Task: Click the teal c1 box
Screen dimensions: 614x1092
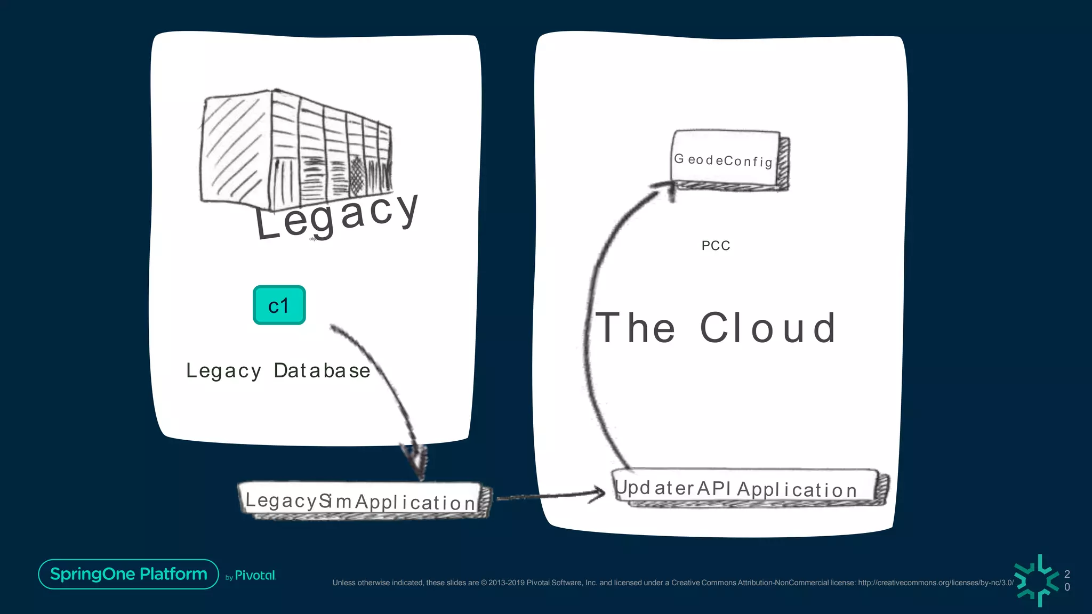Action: click(x=279, y=305)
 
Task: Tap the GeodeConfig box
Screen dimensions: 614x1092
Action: click(x=726, y=159)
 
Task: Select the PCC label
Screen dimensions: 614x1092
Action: click(x=716, y=246)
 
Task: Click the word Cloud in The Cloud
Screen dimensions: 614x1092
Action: click(x=768, y=328)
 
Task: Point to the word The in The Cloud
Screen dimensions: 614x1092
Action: click(x=635, y=328)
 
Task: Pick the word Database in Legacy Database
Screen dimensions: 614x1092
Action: click(x=322, y=370)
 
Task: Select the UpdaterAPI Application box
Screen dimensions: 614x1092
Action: click(x=746, y=487)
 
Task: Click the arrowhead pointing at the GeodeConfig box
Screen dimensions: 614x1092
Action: click(x=664, y=188)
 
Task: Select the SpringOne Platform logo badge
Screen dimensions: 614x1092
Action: click(x=129, y=574)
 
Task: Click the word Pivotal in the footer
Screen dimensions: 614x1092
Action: click(x=255, y=576)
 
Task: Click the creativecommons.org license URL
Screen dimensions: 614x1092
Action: click(x=936, y=583)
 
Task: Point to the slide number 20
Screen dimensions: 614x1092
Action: click(x=1067, y=580)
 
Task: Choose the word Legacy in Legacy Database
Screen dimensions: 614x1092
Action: click(x=223, y=371)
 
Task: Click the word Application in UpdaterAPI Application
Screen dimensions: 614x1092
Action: click(x=797, y=489)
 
